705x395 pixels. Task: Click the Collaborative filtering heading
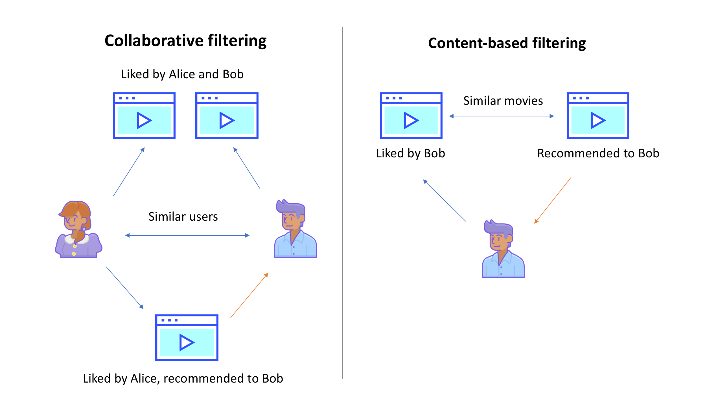coord(185,41)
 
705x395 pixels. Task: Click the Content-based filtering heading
coord(507,43)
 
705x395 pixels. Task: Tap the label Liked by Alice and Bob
coord(182,74)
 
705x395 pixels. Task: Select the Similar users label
coord(183,217)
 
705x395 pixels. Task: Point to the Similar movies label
coord(503,101)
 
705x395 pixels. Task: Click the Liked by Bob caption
coord(410,153)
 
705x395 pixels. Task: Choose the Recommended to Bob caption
coord(598,153)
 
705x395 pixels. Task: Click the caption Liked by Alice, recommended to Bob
coord(183,379)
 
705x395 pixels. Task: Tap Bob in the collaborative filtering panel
coord(295,229)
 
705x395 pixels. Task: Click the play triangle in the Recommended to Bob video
coord(597,121)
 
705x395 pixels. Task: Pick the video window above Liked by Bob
coord(411,116)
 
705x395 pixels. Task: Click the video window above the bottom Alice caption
coord(187,338)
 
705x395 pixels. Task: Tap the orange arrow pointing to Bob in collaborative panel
coord(249,295)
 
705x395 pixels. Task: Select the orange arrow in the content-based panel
coord(553,201)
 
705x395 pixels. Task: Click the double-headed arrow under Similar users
coord(187,235)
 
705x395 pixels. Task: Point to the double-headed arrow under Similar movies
coord(502,116)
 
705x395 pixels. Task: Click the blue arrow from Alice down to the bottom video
coord(125,288)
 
